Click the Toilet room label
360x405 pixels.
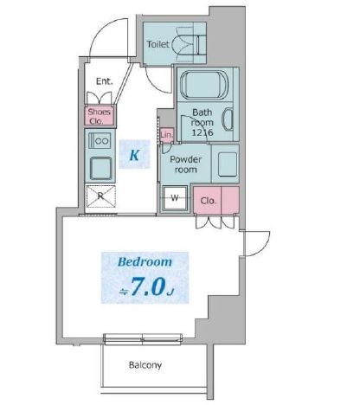(157, 43)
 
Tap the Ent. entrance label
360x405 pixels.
(103, 83)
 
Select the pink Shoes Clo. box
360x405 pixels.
(97, 116)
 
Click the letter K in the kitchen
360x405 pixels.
(135, 156)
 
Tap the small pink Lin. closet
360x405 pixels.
(167, 136)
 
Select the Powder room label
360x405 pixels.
(185, 164)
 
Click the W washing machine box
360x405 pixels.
(175, 198)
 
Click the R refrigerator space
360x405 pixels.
(101, 196)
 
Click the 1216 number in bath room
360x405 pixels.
(204, 131)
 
